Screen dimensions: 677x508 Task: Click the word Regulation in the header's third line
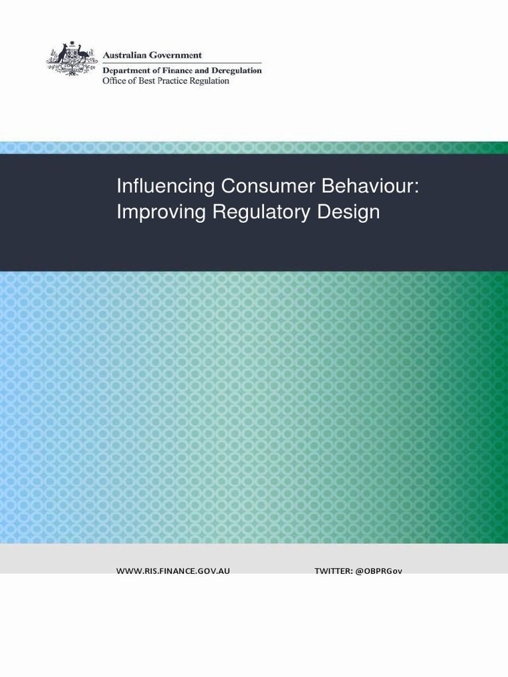click(209, 81)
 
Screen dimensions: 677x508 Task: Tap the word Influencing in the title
click(166, 186)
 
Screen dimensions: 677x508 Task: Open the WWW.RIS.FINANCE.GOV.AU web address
click(173, 571)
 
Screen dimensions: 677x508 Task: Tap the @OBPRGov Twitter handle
click(378, 571)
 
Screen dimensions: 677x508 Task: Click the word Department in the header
click(126, 70)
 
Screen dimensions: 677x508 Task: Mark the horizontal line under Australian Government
click(182, 63)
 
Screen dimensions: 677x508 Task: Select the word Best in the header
click(143, 81)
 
